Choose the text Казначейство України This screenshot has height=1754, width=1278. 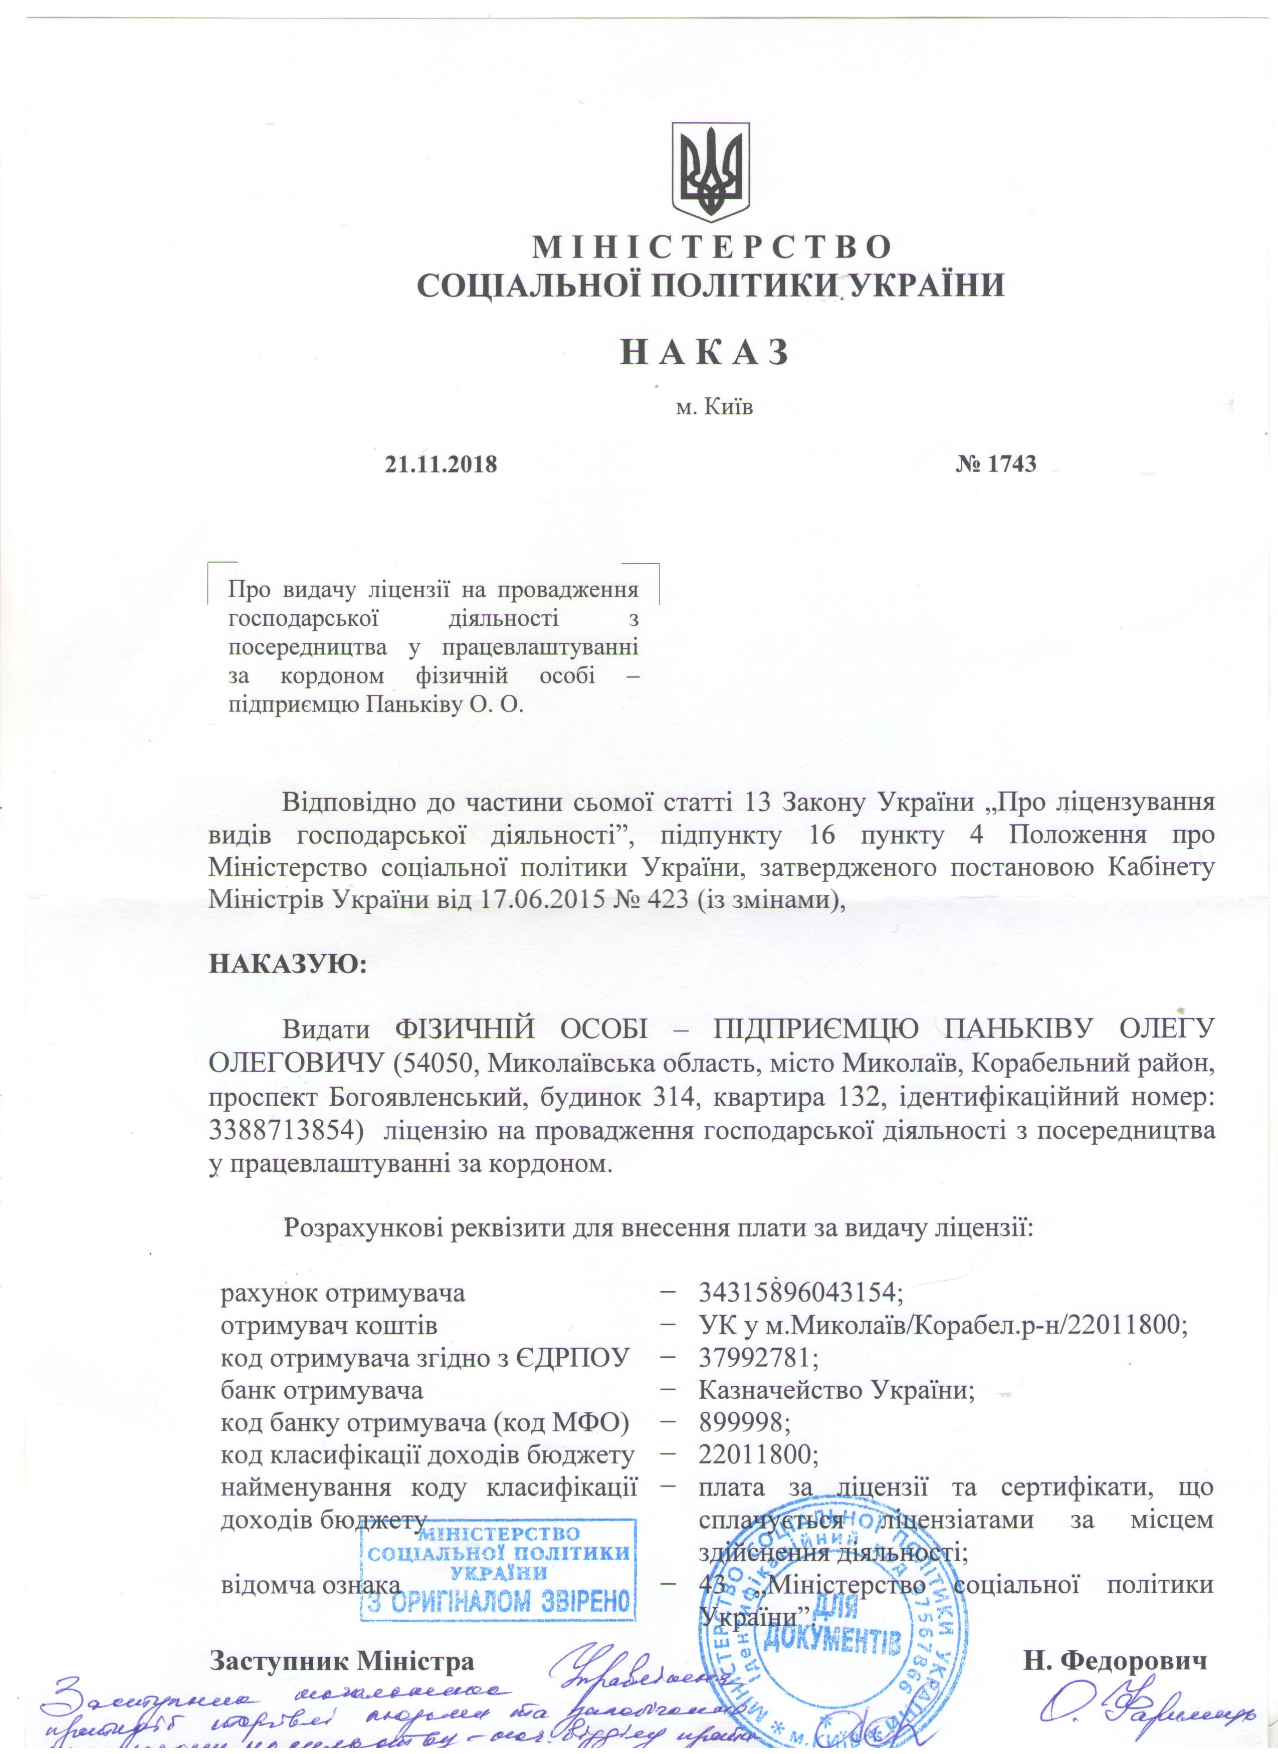[x=835, y=1390]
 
